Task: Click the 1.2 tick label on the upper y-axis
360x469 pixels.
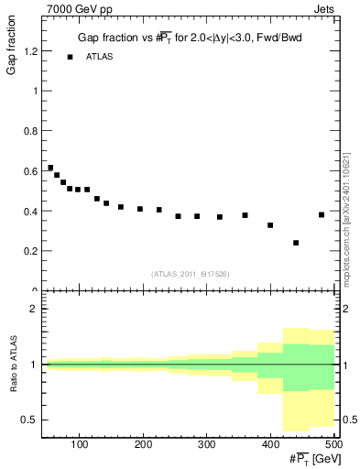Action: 29,52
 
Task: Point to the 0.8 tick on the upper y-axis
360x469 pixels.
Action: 29,132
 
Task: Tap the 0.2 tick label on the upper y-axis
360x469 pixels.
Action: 29,251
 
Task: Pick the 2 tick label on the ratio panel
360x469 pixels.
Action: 33,309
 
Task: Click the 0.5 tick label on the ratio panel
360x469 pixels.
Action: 29,420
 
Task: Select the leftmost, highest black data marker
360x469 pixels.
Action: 50,168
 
